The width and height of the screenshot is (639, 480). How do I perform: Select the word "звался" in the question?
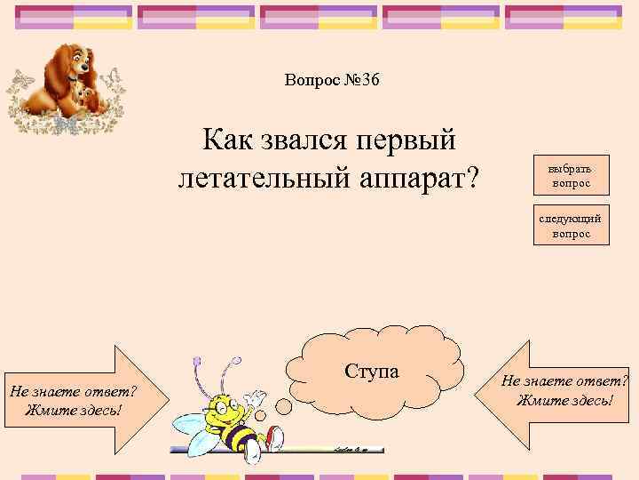pyautogui.click(x=299, y=140)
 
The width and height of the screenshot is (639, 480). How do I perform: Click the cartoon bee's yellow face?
pyautogui.click(x=223, y=413)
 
